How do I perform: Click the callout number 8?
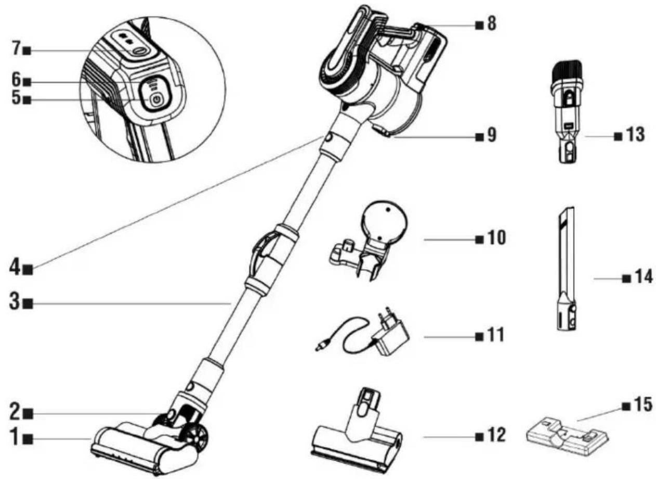tap(492, 23)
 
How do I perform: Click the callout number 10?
tap(496, 237)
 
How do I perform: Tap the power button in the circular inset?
tap(156, 100)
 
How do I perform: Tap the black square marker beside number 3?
tap(29, 304)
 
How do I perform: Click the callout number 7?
tap(17, 48)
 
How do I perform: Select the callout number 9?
tap(492, 135)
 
